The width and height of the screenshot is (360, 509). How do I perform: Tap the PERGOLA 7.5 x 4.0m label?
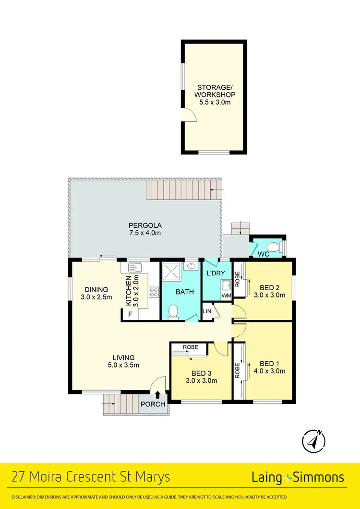[144, 229]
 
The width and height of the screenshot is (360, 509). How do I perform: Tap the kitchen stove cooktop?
[154, 292]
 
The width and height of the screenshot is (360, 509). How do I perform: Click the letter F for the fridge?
[129, 314]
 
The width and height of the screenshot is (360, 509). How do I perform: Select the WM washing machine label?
[226, 296]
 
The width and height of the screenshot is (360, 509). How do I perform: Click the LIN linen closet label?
[207, 312]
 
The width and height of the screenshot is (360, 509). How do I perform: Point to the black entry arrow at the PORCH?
[158, 395]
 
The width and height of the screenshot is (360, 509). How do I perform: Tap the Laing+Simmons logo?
[298, 477]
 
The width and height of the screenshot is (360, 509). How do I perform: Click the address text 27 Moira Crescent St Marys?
[91, 477]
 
